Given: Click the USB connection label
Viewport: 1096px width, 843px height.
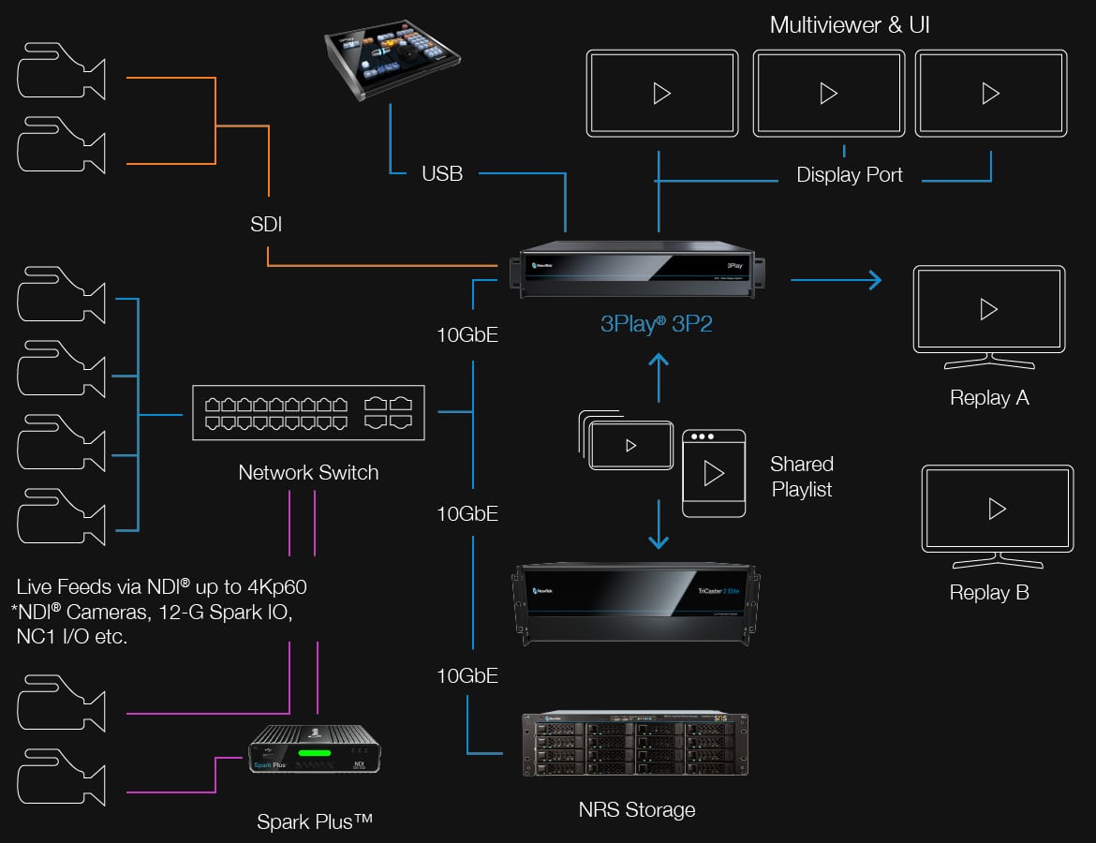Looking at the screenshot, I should click(x=442, y=173).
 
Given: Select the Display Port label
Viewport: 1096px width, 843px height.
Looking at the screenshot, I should click(x=849, y=175).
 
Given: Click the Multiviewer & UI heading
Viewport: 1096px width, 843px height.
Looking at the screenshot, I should click(x=850, y=25).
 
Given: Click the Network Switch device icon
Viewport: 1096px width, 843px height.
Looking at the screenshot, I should click(x=308, y=412).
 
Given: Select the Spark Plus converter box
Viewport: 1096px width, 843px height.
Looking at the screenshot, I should click(x=314, y=748).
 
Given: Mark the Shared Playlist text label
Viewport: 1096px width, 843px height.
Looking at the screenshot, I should click(x=802, y=477).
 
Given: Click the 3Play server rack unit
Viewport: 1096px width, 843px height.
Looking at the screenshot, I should click(x=637, y=271).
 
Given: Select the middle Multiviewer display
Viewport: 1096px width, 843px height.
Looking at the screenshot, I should click(x=828, y=93).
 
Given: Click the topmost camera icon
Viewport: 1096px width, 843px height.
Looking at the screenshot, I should click(x=62, y=70).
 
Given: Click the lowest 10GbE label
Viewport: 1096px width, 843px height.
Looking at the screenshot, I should click(x=467, y=675).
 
